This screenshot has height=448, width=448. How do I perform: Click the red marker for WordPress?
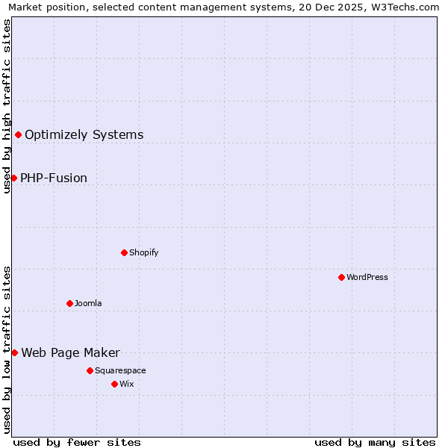(341, 277)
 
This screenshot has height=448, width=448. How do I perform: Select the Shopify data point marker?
(124, 252)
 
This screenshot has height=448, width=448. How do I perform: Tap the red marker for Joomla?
(69, 303)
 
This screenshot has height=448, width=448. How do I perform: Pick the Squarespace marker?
(90, 370)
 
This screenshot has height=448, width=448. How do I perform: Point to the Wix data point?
(114, 384)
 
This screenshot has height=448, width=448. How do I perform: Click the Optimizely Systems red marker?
(18, 134)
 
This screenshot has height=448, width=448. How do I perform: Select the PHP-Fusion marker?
(13, 178)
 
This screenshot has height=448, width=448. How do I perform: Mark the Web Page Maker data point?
(14, 352)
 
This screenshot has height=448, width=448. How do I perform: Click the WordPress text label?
(367, 277)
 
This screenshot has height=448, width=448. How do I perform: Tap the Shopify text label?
(144, 252)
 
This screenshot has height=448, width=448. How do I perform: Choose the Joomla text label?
(88, 303)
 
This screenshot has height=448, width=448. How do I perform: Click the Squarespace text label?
(120, 370)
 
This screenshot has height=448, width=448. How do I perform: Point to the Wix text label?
(126, 384)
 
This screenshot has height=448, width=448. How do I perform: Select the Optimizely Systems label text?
(84, 135)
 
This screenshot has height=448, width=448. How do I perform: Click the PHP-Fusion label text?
(54, 178)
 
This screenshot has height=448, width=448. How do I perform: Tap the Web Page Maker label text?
(70, 353)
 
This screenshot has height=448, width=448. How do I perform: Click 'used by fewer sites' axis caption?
(77, 442)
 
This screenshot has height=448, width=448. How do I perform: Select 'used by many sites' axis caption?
(375, 442)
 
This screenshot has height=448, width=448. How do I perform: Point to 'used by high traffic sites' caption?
(7, 106)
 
